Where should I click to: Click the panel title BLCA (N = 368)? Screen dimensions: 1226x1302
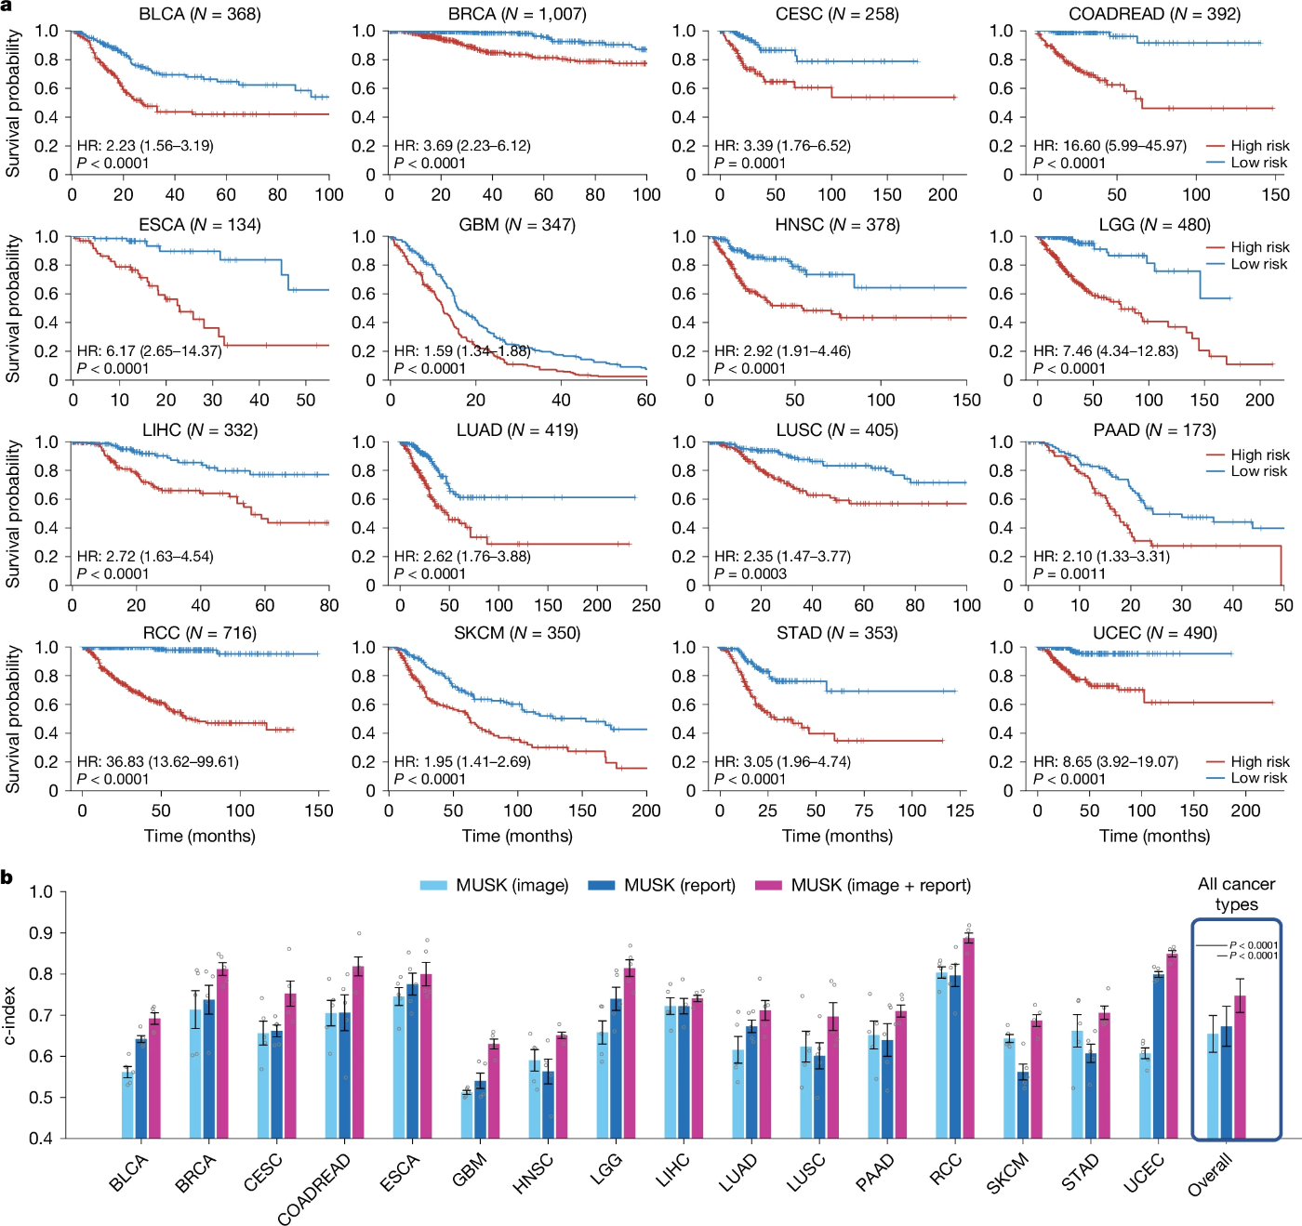point(200,14)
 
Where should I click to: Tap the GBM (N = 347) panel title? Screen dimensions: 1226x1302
point(517,225)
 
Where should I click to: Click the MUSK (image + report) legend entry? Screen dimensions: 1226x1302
point(880,885)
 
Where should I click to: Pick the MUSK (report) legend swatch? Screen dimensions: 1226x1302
point(601,885)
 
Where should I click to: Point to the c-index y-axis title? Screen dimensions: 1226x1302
point(10,1014)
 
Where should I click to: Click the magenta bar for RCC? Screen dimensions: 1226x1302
point(969,1038)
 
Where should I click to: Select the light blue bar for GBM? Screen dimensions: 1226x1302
point(467,1114)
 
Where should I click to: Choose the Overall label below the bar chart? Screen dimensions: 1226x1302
point(1210,1174)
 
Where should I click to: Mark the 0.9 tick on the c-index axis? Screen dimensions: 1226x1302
point(41,933)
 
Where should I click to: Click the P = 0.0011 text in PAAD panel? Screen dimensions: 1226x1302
point(1069,573)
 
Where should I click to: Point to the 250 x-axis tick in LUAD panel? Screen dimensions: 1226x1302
point(646,605)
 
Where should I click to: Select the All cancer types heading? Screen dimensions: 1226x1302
point(1236,893)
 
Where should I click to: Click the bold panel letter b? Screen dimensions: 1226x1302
point(7,877)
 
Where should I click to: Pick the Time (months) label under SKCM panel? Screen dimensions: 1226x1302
point(517,836)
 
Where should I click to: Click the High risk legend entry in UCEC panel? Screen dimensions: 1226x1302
point(1259,761)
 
